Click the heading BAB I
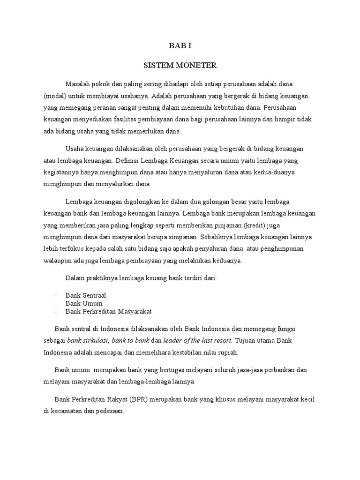click(x=180, y=46)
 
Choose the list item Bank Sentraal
click(x=86, y=295)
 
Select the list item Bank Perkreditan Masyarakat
click(x=109, y=311)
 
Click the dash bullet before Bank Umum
click(x=56, y=303)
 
